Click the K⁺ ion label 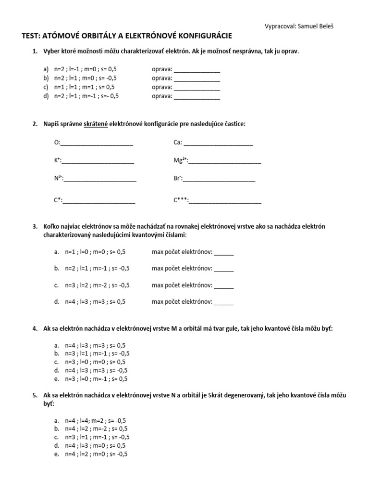pos(57,161)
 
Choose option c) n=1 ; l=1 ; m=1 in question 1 pos(84,87)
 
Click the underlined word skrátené pos(96,124)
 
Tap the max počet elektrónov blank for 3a pos(224,252)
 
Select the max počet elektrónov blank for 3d pos(224,302)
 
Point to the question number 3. pos(35,226)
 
